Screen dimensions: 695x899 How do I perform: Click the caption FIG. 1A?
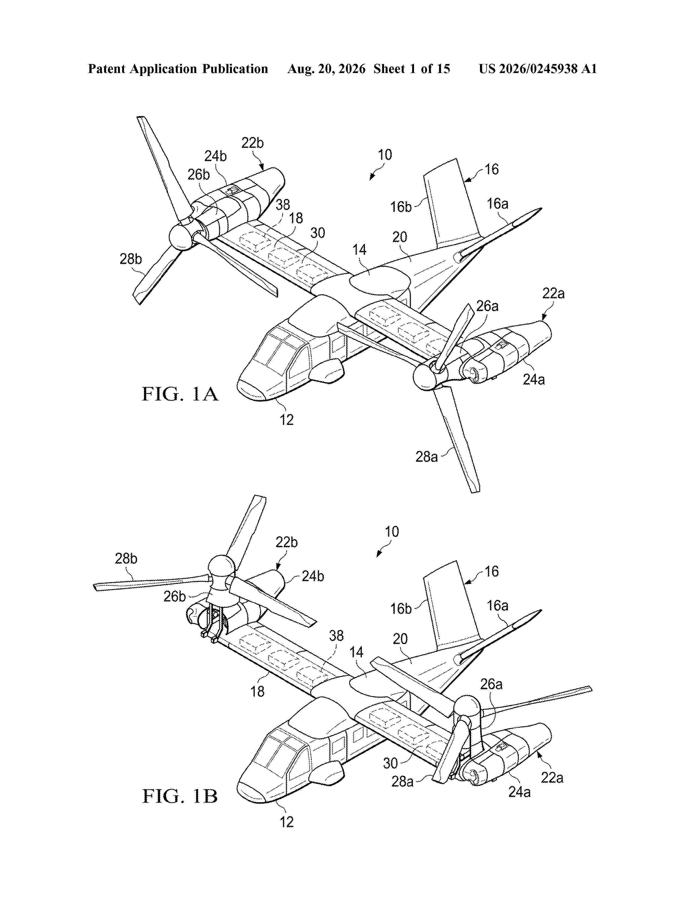click(180, 394)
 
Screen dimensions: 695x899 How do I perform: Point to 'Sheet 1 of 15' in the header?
click(412, 69)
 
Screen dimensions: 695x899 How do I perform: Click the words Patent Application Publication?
click(178, 69)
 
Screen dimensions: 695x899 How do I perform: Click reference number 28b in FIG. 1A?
click(131, 259)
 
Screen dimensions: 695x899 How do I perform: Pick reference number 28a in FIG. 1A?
click(427, 457)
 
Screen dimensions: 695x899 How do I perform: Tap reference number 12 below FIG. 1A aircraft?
click(286, 420)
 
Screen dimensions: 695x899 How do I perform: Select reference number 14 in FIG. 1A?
click(359, 250)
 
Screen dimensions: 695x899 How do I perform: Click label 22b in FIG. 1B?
click(286, 542)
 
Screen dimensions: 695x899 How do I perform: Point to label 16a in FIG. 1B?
click(498, 606)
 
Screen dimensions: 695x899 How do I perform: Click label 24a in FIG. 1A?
click(534, 379)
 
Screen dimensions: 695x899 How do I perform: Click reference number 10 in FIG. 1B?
click(392, 531)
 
